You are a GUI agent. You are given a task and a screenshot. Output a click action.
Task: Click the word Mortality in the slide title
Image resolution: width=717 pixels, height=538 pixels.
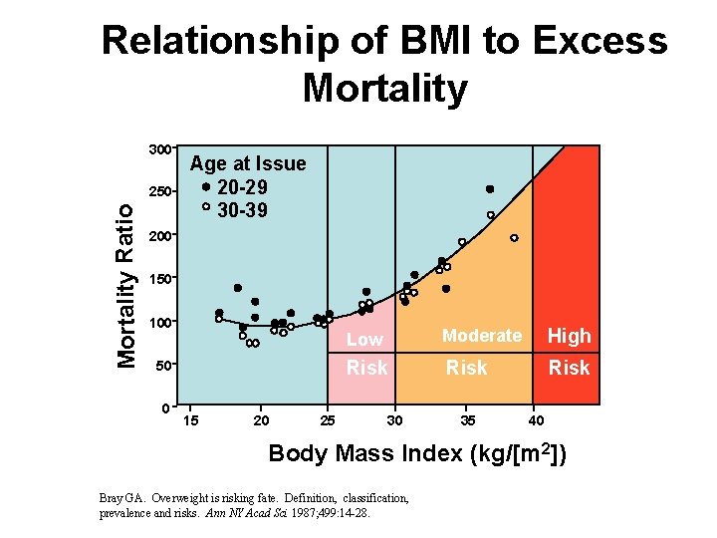click(x=384, y=89)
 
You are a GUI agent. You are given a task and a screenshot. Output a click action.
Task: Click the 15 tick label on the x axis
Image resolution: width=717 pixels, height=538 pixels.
click(x=191, y=420)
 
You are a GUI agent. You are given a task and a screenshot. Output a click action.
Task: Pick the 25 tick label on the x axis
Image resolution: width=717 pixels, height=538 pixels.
click(x=328, y=420)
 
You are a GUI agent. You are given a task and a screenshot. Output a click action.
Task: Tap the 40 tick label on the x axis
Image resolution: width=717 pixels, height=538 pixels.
click(x=536, y=420)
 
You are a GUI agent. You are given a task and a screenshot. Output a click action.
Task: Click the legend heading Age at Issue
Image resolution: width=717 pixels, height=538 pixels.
click(x=248, y=163)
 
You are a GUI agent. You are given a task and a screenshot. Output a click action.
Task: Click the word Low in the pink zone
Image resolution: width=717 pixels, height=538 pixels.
click(x=364, y=340)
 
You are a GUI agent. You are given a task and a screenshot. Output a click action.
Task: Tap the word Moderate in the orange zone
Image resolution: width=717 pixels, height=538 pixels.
click(x=482, y=336)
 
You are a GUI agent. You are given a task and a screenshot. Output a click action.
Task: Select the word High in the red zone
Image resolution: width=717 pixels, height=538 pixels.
click(x=570, y=337)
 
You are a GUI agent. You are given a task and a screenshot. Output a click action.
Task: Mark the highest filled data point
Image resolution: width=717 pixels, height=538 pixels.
click(x=490, y=189)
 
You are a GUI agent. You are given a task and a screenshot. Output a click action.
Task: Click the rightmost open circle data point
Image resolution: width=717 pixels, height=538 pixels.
click(x=514, y=238)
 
